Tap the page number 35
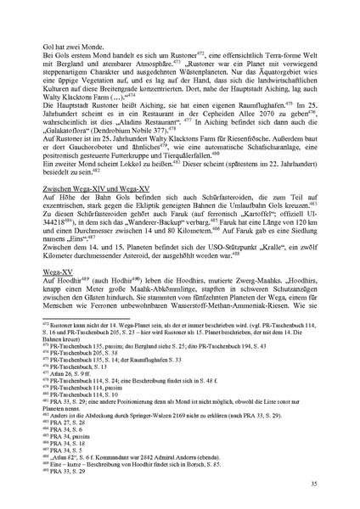312,483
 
